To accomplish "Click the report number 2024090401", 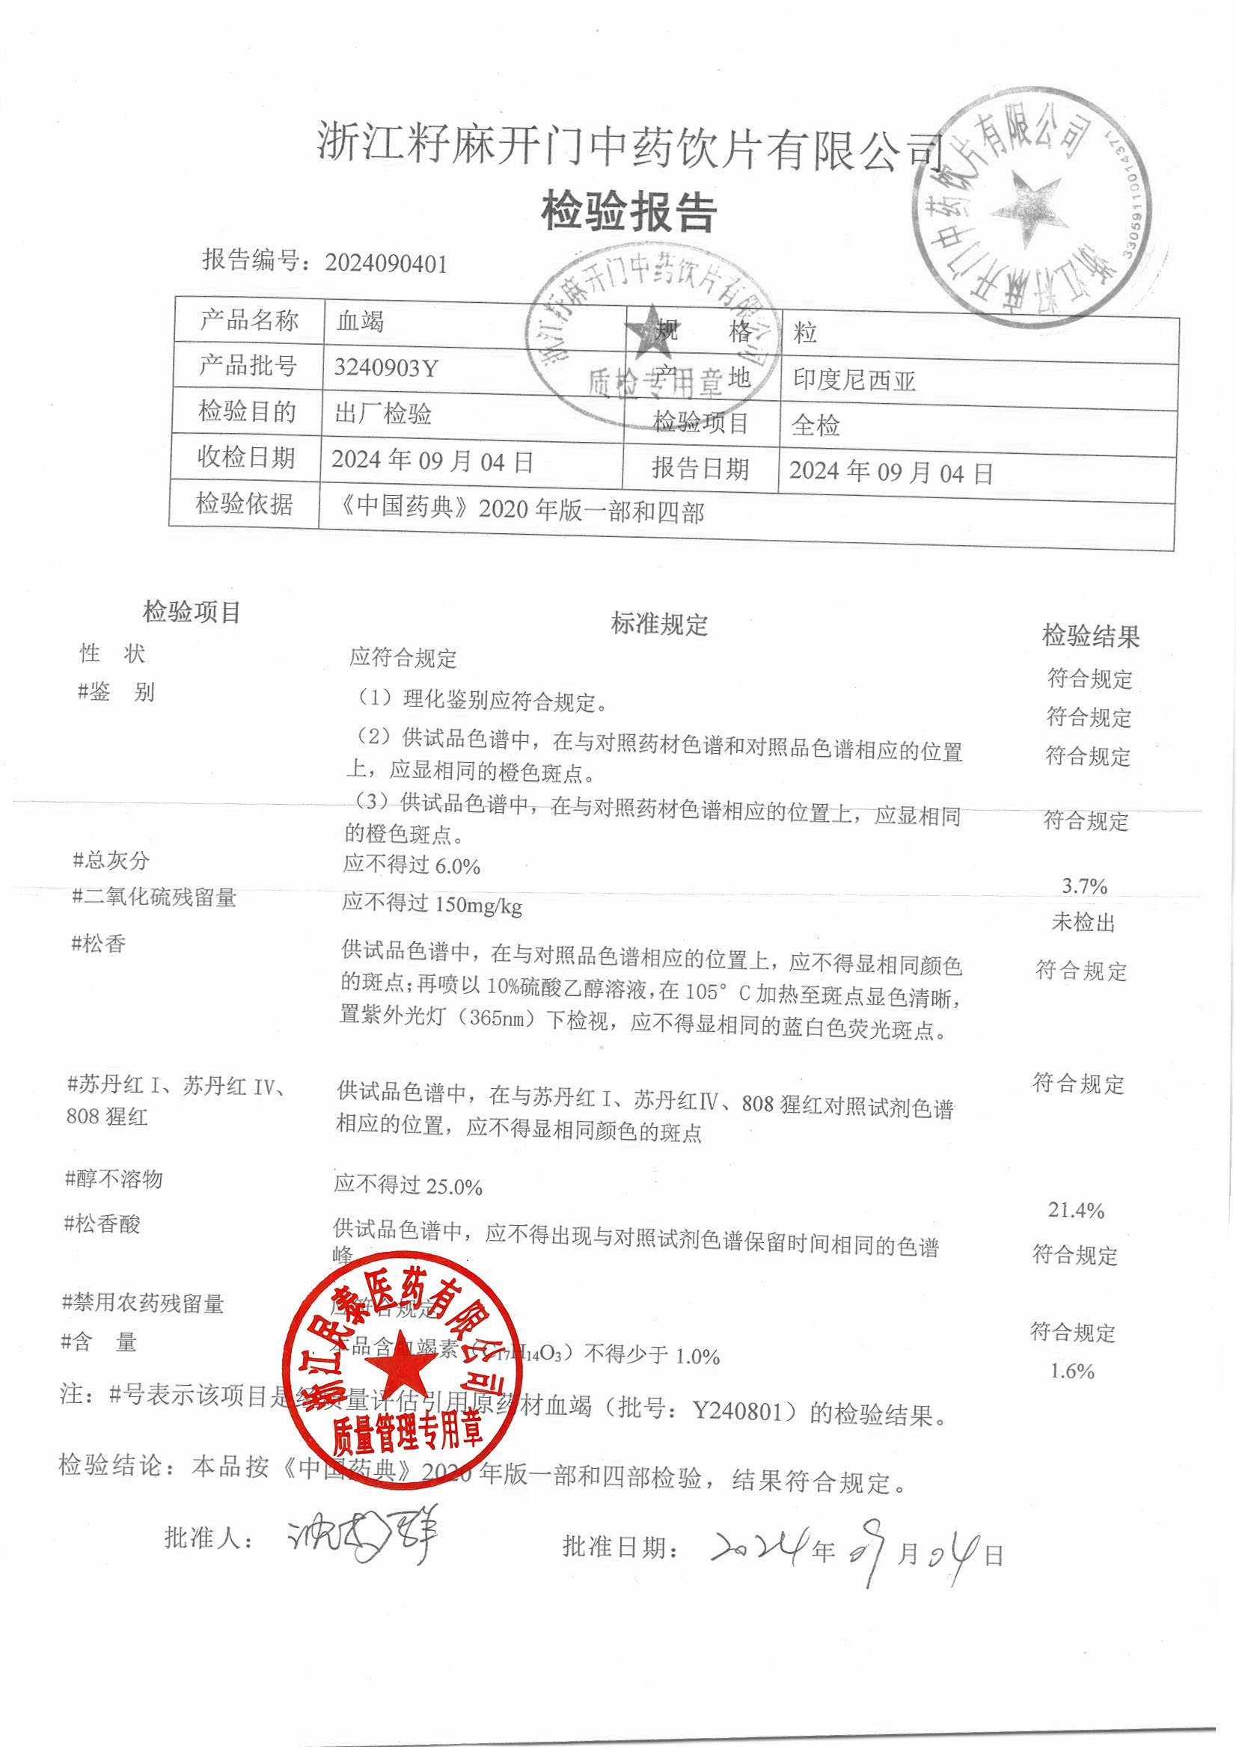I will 386,263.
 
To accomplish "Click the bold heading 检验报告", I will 628,212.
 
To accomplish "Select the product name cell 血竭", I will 360,321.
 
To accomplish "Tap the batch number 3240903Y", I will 386,368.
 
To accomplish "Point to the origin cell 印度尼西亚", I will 854,380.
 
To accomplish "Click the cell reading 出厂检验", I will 383,414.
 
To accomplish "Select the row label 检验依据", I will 245,503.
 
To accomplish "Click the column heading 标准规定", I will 659,624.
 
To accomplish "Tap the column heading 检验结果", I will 1090,636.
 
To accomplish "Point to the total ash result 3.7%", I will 1085,885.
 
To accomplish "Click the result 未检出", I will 1083,922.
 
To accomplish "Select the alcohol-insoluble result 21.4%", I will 1076,1210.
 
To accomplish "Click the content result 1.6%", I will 1071,1370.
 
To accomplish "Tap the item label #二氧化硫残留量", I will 153,897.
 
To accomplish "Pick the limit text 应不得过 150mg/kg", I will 432,904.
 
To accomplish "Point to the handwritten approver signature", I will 362,1536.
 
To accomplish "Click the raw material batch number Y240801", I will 737,1411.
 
